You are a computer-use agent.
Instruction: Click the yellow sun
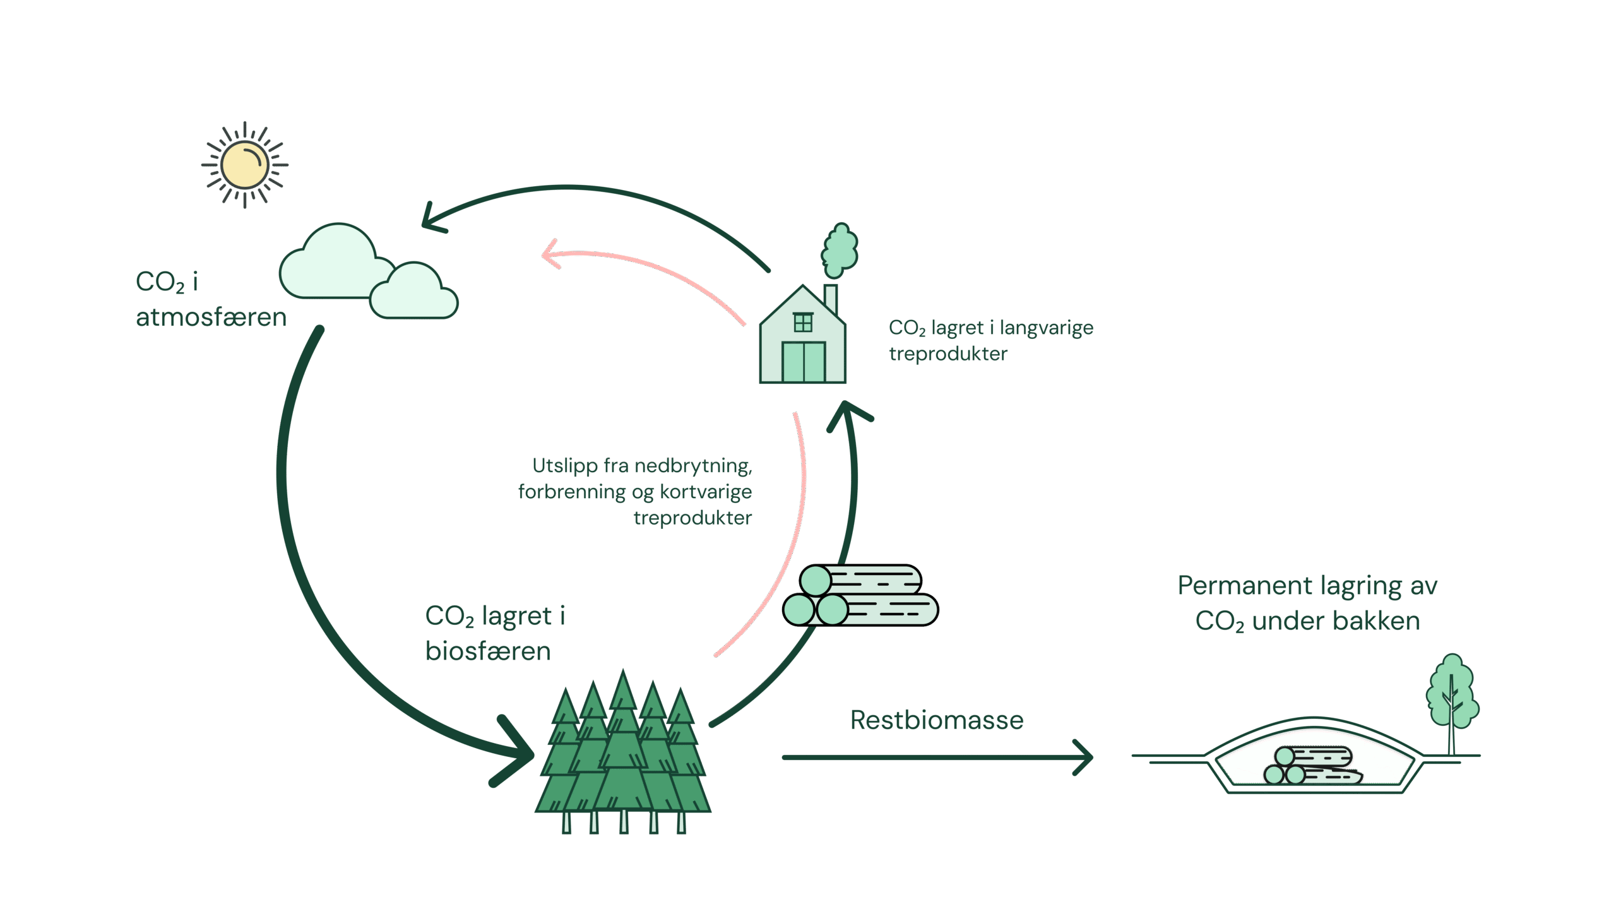pyautogui.click(x=245, y=165)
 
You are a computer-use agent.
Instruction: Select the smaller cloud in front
pyautogui.click(x=414, y=294)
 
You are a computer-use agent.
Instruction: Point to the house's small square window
pyautogui.click(x=803, y=323)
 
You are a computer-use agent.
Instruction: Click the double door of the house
pyautogui.click(x=804, y=362)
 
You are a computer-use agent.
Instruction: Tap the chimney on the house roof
pyautogui.click(x=831, y=299)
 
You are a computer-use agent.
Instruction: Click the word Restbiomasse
pyautogui.click(x=937, y=720)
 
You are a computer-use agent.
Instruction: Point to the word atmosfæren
pyautogui.click(x=211, y=318)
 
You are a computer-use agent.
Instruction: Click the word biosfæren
pyautogui.click(x=488, y=651)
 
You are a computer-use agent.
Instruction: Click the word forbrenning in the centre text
pyautogui.click(x=572, y=492)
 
